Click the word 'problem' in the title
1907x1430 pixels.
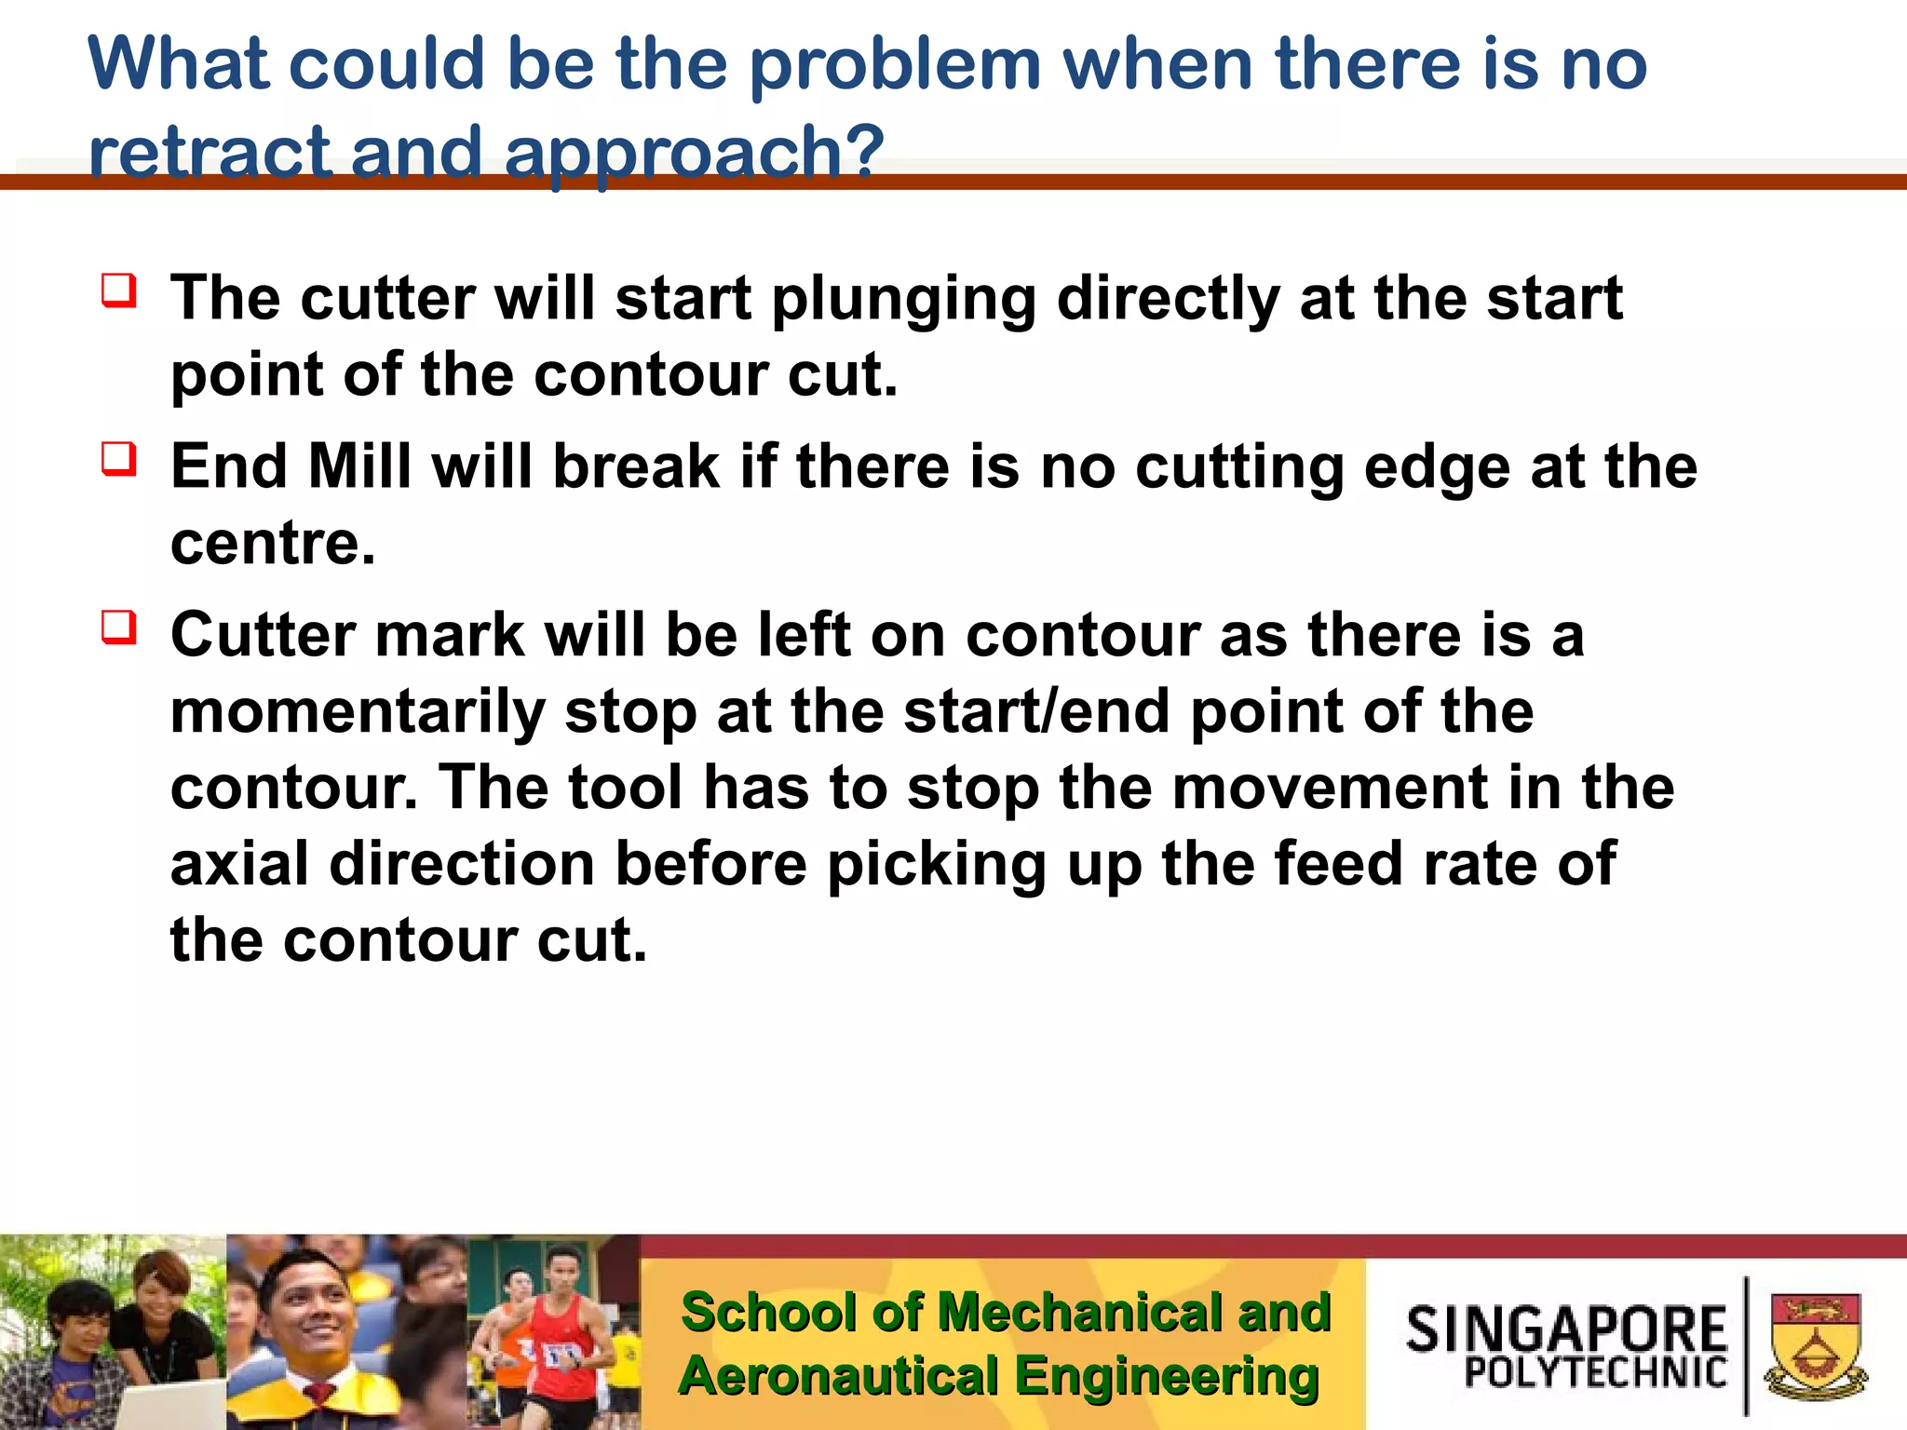click(894, 65)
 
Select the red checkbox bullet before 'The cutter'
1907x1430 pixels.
click(120, 290)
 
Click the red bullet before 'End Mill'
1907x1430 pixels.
click(120, 459)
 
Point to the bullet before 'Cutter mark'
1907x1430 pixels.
click(120, 627)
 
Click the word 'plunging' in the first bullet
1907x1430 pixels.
click(903, 300)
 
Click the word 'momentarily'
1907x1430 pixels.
click(358, 713)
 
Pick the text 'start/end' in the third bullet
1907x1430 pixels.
click(1036, 711)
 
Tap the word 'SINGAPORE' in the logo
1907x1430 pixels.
click(1566, 1329)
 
